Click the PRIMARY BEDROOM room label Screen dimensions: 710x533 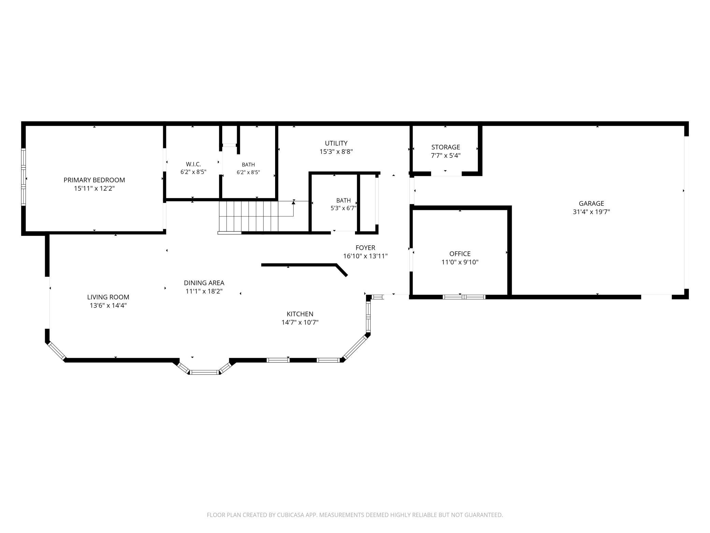pos(94,180)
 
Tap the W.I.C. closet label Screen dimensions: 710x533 pos(193,164)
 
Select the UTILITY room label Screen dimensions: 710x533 pos(336,143)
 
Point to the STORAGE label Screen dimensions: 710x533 pos(445,147)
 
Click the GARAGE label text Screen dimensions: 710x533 pos(591,204)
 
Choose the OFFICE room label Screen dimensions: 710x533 pos(460,254)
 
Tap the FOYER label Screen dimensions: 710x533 pos(365,248)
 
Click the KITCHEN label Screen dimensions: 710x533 pos(300,314)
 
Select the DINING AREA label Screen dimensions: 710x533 pos(204,283)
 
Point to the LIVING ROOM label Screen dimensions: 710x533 pos(108,297)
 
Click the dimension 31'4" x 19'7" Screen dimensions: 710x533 pos(591,212)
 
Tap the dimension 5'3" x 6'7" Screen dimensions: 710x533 pos(343,208)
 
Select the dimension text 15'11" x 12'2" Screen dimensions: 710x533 pos(94,188)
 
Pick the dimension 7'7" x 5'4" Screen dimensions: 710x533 pos(445,155)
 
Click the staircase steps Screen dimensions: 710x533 pos(248,217)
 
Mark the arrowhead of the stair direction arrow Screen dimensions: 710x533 pos(293,203)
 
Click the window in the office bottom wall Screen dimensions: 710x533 pos(464,297)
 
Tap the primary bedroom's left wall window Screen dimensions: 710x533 pos(24,177)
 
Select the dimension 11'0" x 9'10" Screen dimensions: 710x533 pos(460,262)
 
